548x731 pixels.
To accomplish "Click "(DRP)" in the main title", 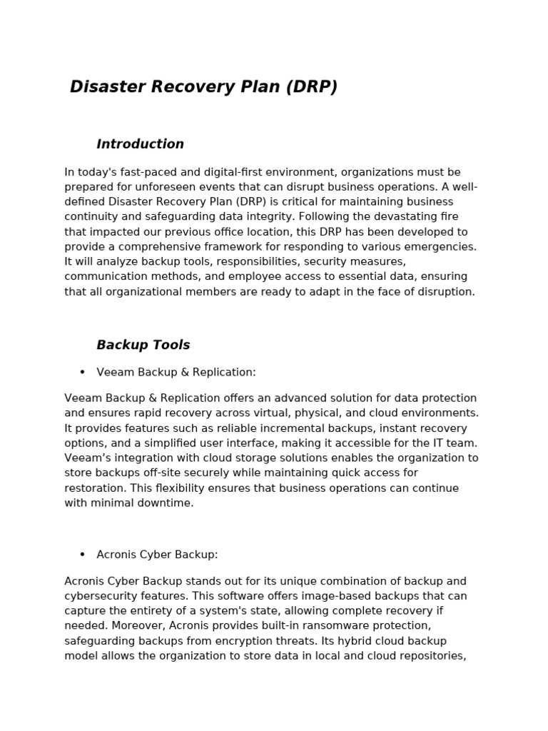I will (x=311, y=87).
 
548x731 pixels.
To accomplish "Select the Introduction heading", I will (x=140, y=144).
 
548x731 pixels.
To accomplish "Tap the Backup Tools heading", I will (x=143, y=346).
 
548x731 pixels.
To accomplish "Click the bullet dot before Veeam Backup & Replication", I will (x=82, y=373).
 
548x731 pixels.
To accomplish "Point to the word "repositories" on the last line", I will (x=430, y=656).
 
